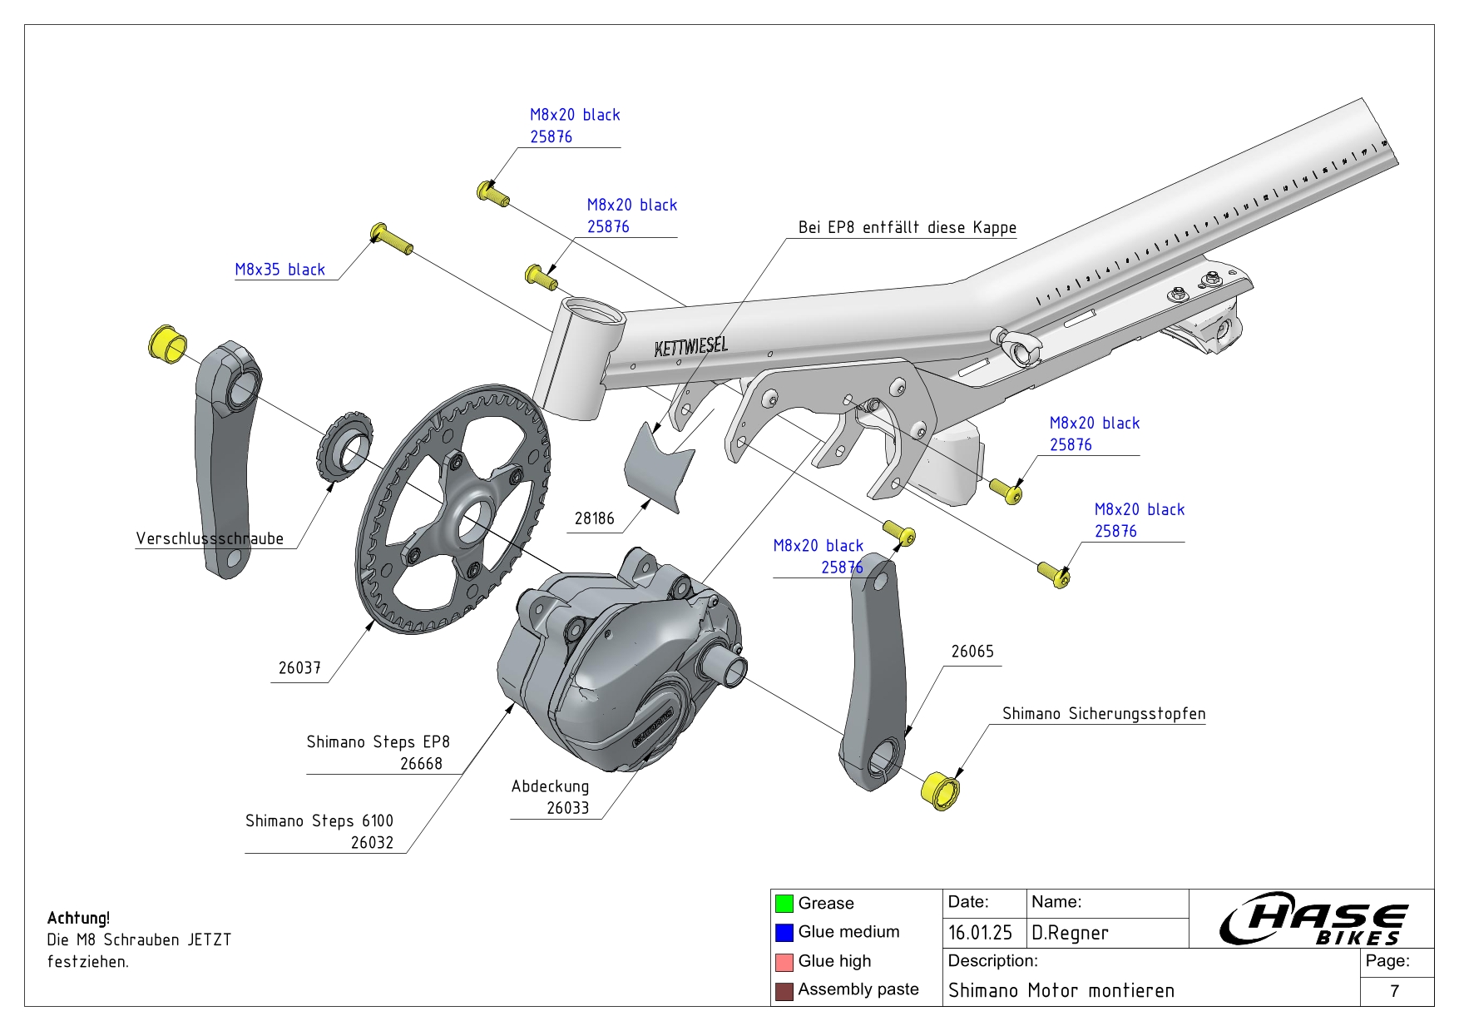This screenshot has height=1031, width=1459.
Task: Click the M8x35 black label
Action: pos(279,270)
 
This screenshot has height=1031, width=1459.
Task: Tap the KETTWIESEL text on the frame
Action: pos(690,346)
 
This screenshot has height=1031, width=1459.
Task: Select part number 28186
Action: pos(594,518)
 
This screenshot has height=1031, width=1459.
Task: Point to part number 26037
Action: pos(299,668)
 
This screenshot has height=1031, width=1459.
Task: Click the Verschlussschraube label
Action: pos(210,538)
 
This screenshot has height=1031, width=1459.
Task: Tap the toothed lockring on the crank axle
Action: pos(344,445)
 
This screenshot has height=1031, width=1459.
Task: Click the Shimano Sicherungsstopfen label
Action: pos(1103,714)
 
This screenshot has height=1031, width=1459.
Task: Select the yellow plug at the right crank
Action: pos(941,791)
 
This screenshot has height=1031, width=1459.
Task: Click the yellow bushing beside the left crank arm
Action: pos(167,344)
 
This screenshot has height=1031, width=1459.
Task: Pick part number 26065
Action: pos(972,652)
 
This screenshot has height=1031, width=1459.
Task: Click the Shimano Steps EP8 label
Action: pos(378,741)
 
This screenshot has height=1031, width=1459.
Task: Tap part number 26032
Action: pos(372,842)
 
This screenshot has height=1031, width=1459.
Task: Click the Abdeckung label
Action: pos(550,786)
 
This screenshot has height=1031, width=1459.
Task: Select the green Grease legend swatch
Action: pos(784,904)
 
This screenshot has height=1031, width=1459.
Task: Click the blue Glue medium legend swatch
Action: pos(784,933)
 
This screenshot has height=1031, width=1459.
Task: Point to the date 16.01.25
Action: pos(980,933)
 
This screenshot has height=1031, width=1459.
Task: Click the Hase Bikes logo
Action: pos(1313,919)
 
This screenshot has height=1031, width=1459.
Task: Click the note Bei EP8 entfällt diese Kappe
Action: pos(907,227)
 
